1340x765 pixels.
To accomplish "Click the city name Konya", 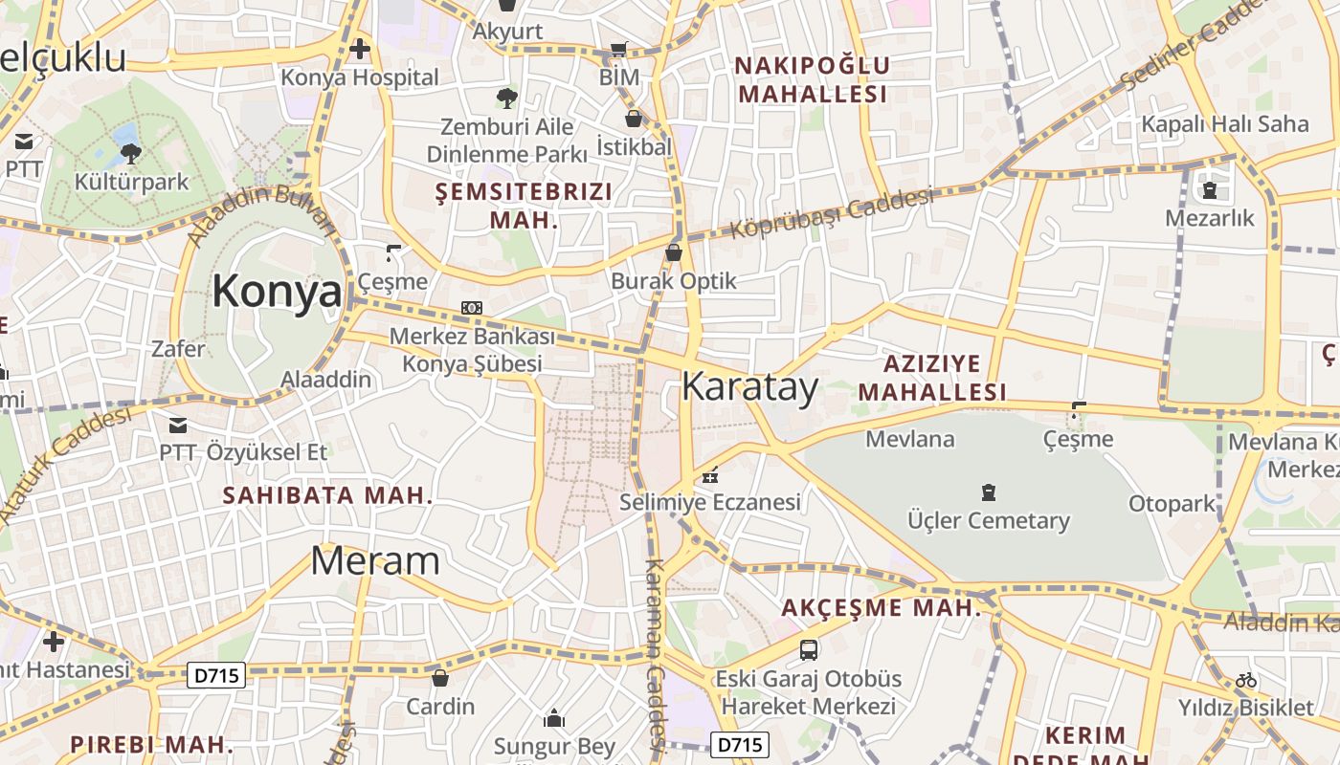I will click(277, 291).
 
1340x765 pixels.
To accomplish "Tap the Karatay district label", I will click(749, 387).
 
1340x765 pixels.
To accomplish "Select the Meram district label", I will click(375, 561).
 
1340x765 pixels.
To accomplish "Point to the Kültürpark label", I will click(131, 182).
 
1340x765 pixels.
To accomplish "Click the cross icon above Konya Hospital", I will click(360, 48).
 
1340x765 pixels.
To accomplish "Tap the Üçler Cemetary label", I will click(989, 521).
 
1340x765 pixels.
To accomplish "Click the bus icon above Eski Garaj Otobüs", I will click(809, 650).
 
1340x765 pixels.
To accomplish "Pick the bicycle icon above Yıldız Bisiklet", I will click(1245, 680).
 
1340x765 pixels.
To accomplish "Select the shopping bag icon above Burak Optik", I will click(674, 252).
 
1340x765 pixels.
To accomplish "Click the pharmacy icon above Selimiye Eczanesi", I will click(710, 474).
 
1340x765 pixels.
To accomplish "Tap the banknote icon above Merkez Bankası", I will click(472, 308).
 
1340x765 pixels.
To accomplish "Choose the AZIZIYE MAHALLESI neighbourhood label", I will click(931, 378).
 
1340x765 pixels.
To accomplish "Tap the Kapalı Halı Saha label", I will click(1224, 123).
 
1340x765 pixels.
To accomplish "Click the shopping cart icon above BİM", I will click(619, 49).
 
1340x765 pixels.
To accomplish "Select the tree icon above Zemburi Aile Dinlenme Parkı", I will click(506, 98).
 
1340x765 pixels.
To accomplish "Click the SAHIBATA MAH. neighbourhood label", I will click(327, 495).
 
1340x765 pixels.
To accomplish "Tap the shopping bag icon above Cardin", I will click(440, 678).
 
